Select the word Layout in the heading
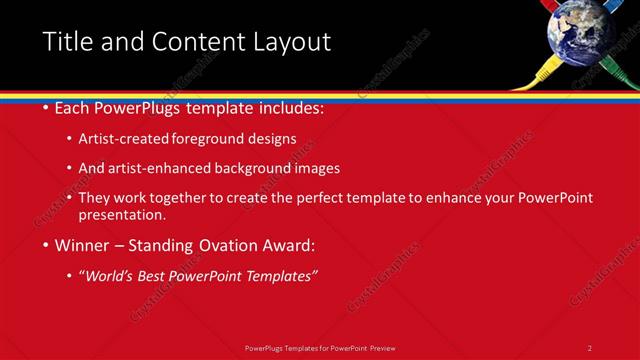pos(290,42)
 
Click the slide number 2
pos(590,347)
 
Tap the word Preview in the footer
pos(382,347)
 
